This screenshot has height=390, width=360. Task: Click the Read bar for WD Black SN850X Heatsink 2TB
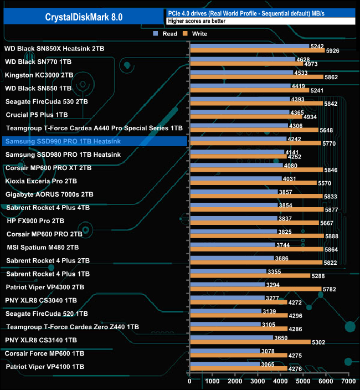click(x=249, y=47)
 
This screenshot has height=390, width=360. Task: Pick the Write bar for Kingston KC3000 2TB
click(x=256, y=78)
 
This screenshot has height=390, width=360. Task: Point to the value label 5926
click(x=333, y=52)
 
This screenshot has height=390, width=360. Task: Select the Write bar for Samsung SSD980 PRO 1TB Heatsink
click(x=238, y=157)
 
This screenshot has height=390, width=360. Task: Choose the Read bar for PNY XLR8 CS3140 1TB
click(x=231, y=337)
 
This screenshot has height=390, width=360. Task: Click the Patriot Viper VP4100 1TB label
click(x=45, y=366)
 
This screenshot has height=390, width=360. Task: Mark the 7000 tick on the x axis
click(x=348, y=381)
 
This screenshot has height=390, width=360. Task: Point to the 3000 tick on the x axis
click(x=258, y=381)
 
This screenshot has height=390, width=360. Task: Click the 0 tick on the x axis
click(x=189, y=381)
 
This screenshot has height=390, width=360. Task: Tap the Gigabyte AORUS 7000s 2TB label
click(x=49, y=194)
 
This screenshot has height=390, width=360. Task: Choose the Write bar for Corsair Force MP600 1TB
click(x=238, y=356)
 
